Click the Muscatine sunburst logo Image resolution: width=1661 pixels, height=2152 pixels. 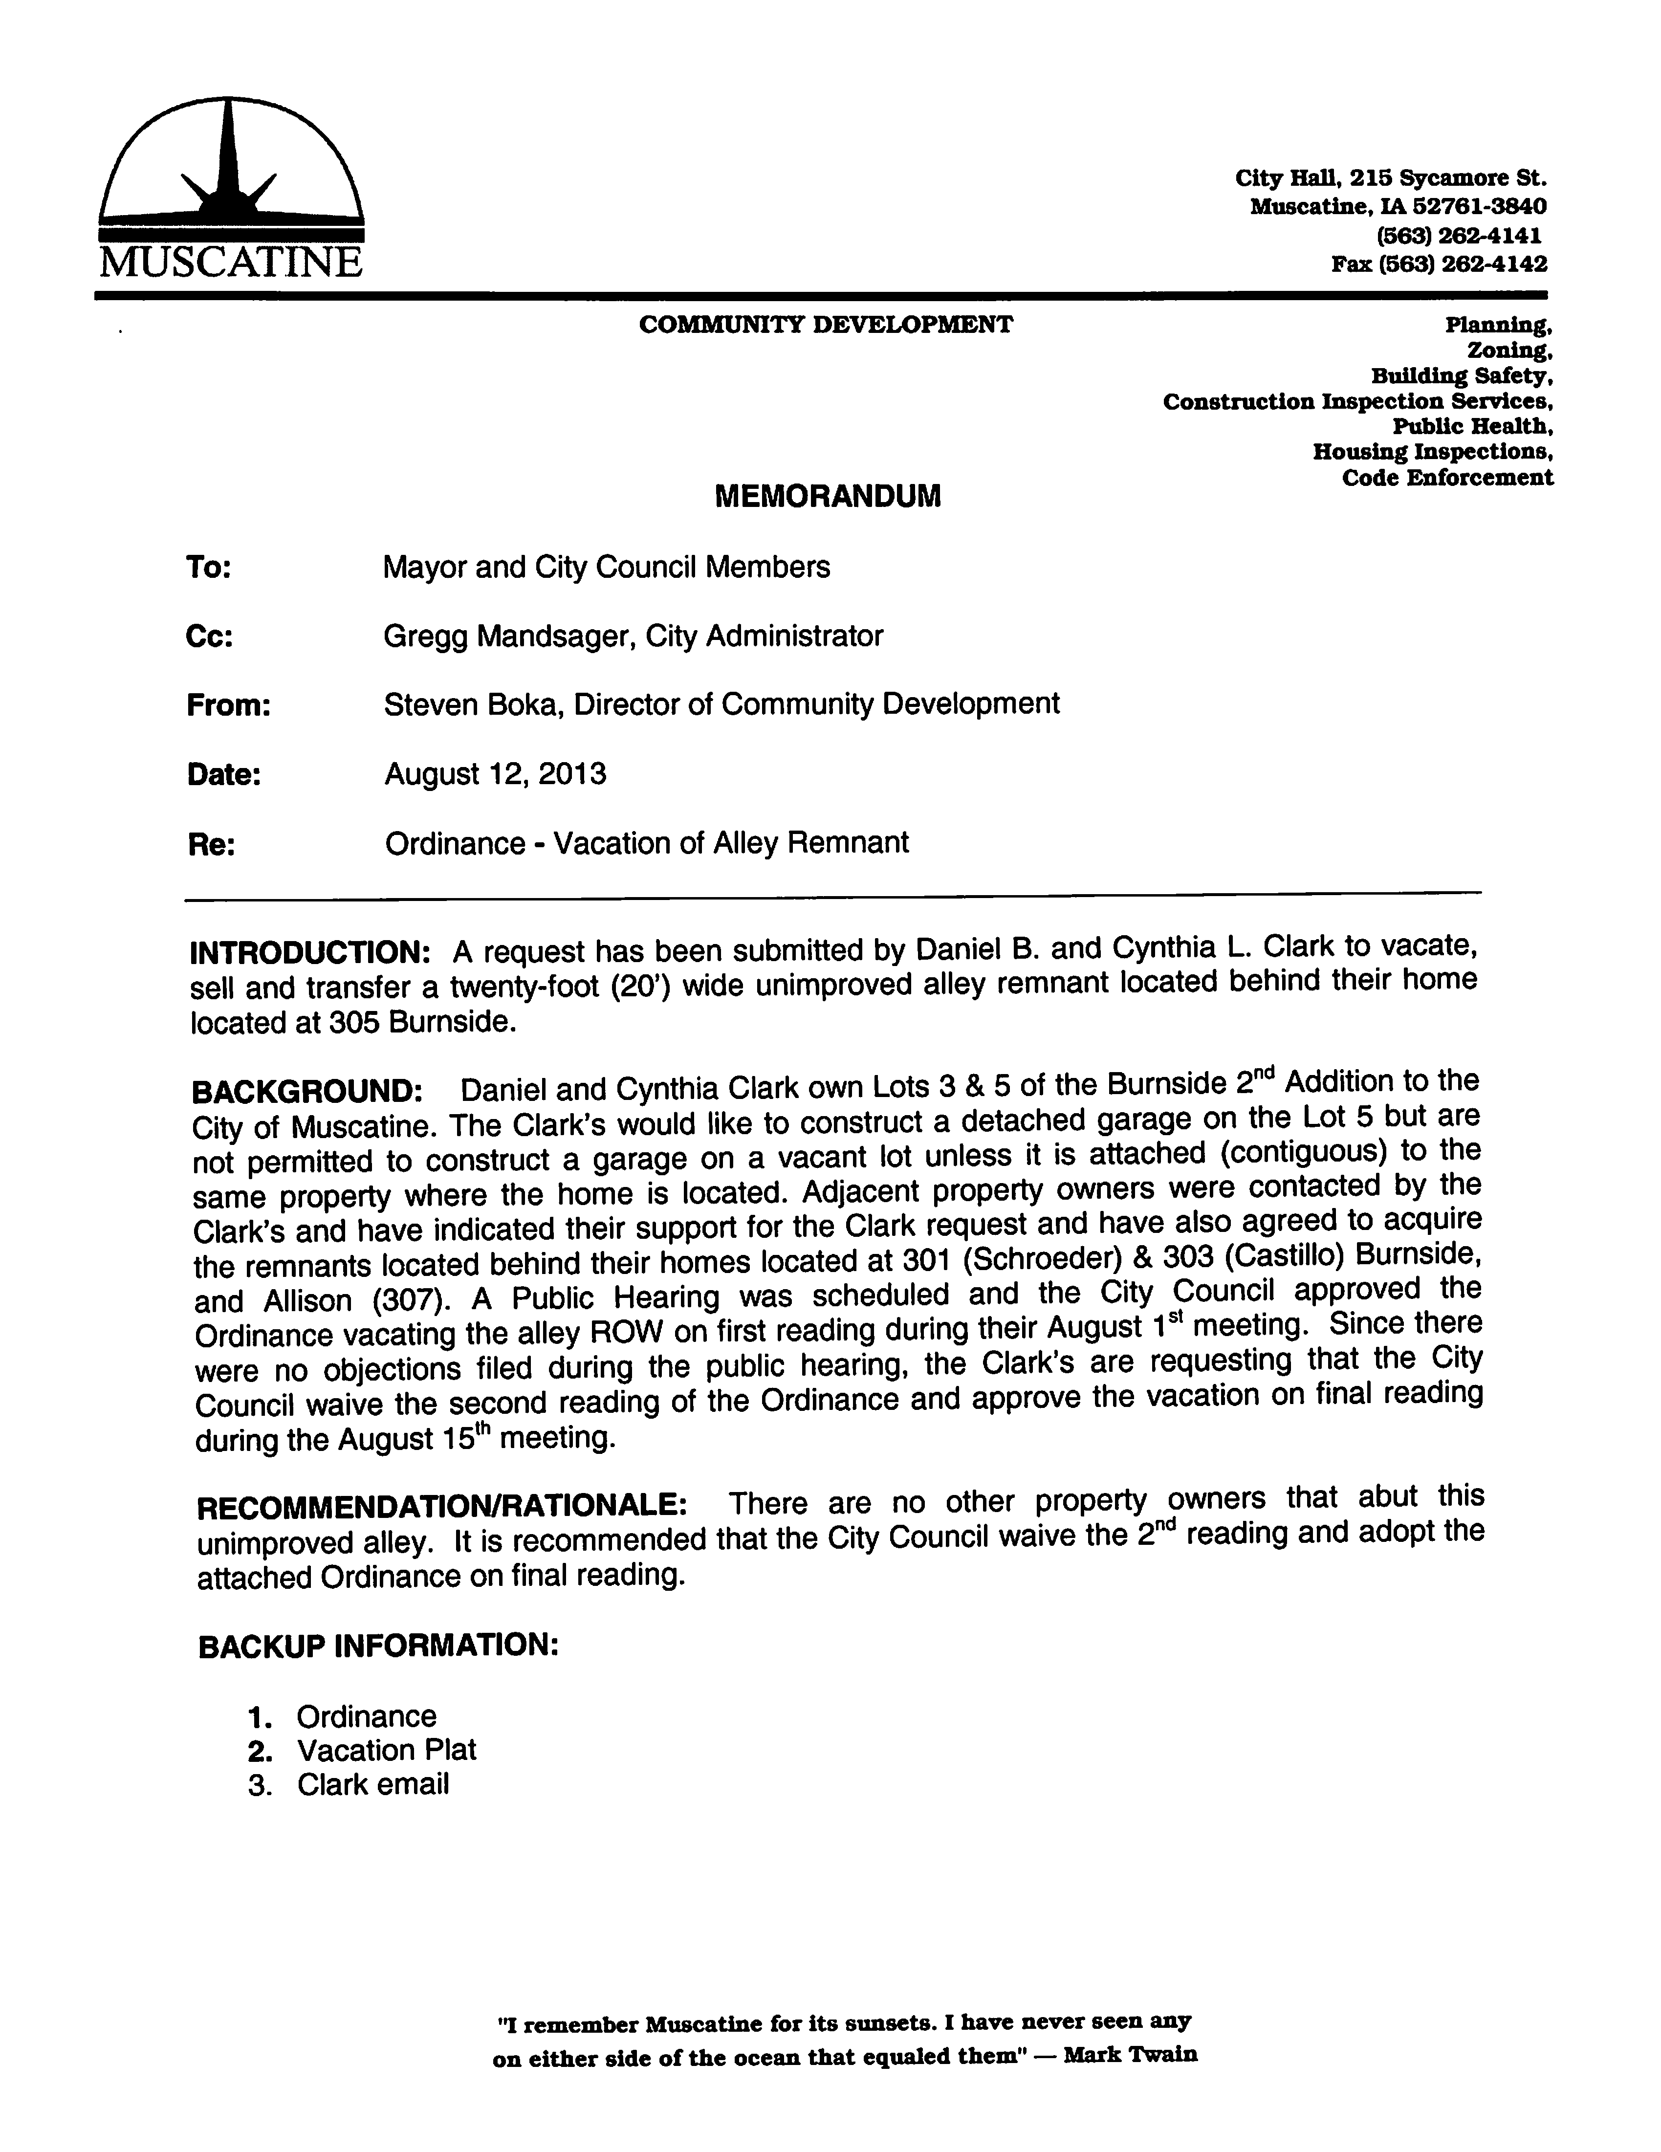[231, 163]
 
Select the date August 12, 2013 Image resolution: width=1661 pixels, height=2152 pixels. [495, 773]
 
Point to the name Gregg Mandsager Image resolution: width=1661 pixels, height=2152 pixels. [506, 636]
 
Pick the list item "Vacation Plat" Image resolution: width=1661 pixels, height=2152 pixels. [386, 1750]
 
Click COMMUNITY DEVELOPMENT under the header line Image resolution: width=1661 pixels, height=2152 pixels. [826, 325]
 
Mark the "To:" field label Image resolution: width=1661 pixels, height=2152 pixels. [207, 569]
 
